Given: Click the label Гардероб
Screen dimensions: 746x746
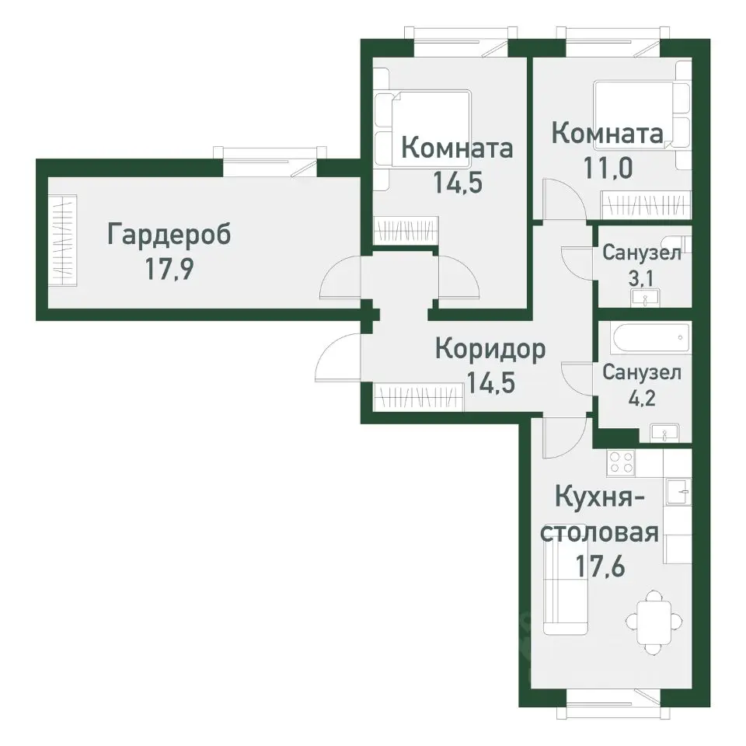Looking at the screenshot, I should (x=169, y=235).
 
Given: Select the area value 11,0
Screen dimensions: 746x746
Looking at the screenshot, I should (x=607, y=166).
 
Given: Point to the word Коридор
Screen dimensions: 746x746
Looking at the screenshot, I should (x=490, y=350).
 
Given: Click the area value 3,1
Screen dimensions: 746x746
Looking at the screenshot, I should (x=641, y=277).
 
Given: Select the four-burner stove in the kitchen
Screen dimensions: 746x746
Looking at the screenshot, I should (x=621, y=462).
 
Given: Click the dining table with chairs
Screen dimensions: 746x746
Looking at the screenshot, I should (x=656, y=621).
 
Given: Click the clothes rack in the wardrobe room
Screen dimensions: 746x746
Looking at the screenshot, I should (x=63, y=239).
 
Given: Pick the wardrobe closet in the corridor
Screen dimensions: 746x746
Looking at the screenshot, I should (x=419, y=397).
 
